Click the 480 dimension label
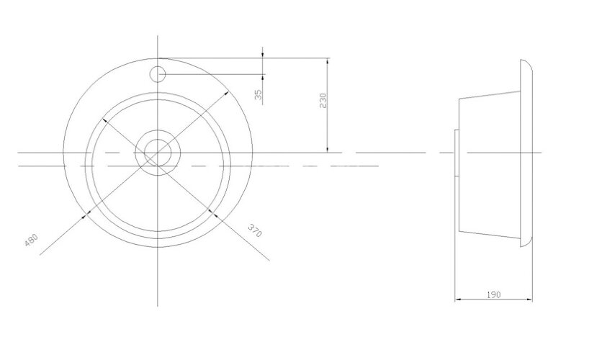[x=32, y=240]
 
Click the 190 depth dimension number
[x=493, y=295]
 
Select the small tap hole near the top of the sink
[x=158, y=73]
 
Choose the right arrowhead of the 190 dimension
[x=532, y=300]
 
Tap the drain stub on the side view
[x=455, y=152]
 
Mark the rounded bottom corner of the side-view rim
[x=527, y=245]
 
